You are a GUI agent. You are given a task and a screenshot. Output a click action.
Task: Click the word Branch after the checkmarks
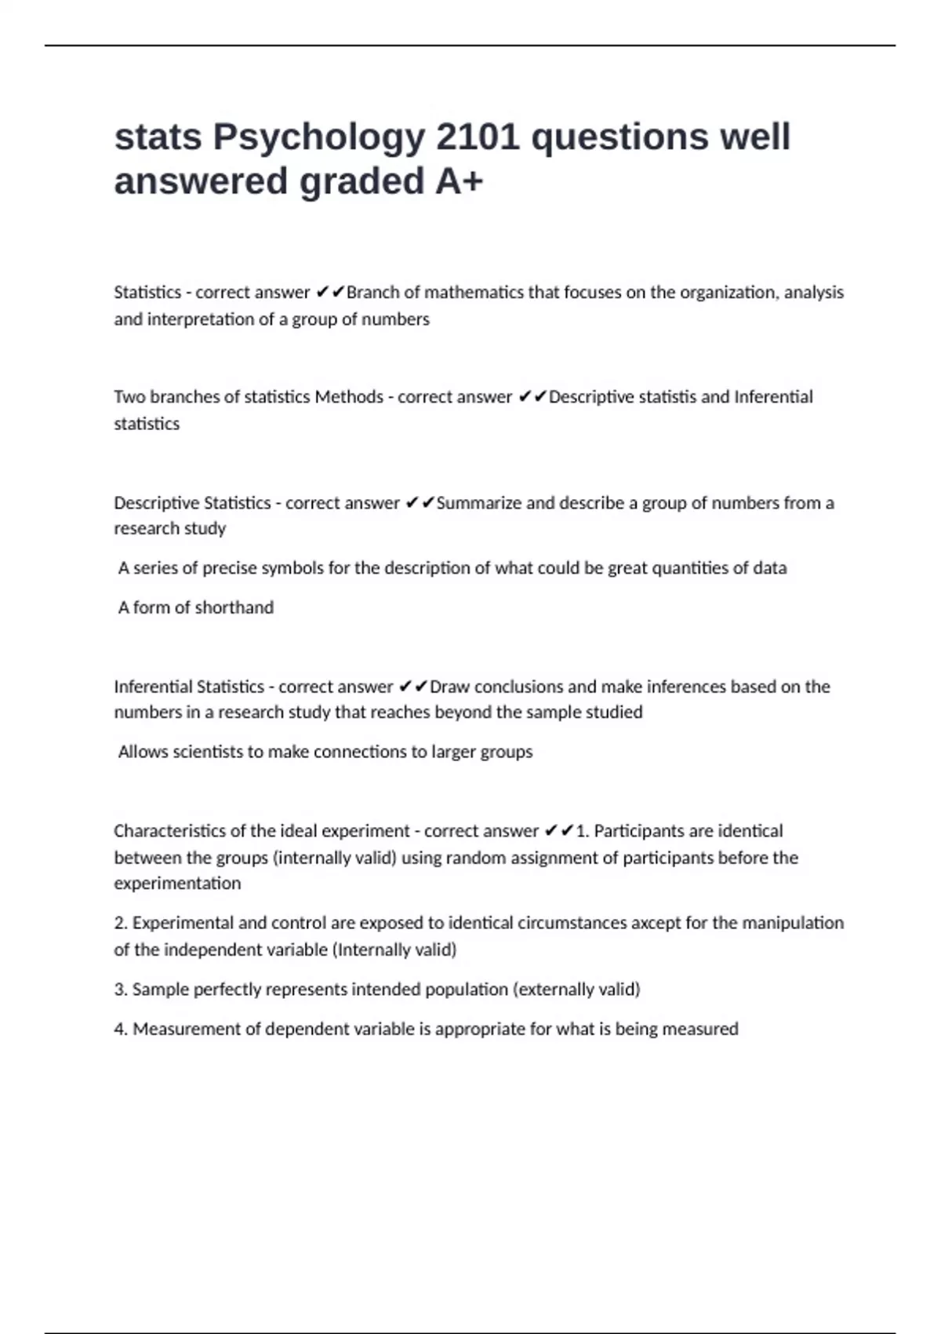tap(372, 293)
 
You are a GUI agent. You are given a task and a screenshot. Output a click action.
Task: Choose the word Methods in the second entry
tap(349, 397)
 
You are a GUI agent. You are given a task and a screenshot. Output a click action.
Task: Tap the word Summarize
tap(478, 503)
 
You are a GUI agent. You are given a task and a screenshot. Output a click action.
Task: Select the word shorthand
tap(234, 607)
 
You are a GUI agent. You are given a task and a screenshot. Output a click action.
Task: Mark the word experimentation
tap(177, 884)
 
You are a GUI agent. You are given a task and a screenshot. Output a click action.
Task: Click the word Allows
tap(142, 752)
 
